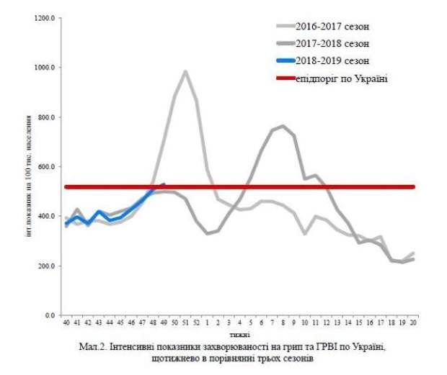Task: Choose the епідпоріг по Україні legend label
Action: coord(341,78)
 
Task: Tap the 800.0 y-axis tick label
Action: coord(46,117)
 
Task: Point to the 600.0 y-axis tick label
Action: coord(46,167)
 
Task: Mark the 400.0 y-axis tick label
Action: coord(46,217)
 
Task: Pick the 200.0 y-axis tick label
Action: coord(46,266)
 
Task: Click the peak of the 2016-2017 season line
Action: coord(185,71)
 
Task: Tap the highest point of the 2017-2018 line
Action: coord(283,126)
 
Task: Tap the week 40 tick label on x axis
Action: coord(66,325)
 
